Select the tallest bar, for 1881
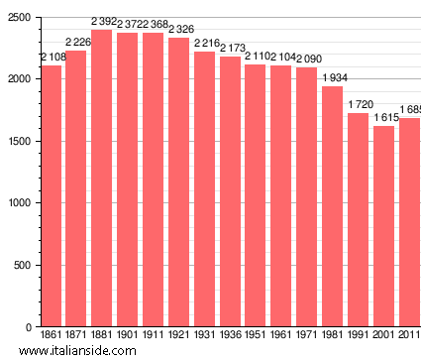101,179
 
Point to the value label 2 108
53,58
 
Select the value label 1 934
335,78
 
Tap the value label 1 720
361,104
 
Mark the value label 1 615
385,118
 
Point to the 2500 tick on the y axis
19,18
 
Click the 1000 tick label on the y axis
19,203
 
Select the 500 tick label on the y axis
22,266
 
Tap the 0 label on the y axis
29,327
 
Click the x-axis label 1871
76,336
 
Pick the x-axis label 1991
358,336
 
